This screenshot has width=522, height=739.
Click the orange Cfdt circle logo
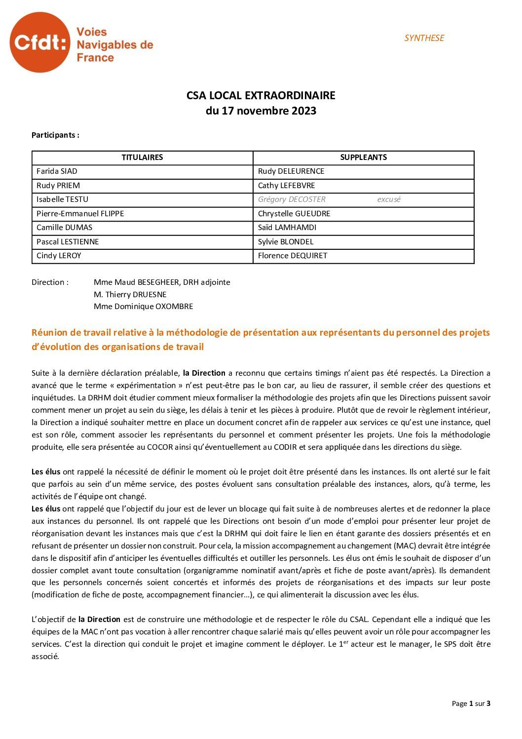pyautogui.click(x=39, y=42)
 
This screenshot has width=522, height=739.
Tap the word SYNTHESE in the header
pyautogui.click(x=424, y=38)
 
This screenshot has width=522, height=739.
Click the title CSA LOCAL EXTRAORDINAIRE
pyautogui.click(x=261, y=95)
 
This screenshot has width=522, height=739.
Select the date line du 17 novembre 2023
pyautogui.click(x=261, y=111)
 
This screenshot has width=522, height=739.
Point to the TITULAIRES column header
pyautogui.click(x=142, y=157)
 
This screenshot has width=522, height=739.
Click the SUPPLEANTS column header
pyautogui.click(x=363, y=157)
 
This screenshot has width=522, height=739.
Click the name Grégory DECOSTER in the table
pyautogui.click(x=292, y=199)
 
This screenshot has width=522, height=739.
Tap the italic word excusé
pyautogui.click(x=389, y=199)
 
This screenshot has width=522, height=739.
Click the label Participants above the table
pyautogui.click(x=55, y=135)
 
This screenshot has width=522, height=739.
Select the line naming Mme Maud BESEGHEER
pyautogui.click(x=162, y=282)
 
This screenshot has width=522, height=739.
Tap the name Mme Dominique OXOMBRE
pyautogui.click(x=143, y=307)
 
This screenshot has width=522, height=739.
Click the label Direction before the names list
pyautogui.click(x=50, y=282)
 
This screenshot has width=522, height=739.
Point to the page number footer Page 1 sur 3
pyautogui.click(x=471, y=703)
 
